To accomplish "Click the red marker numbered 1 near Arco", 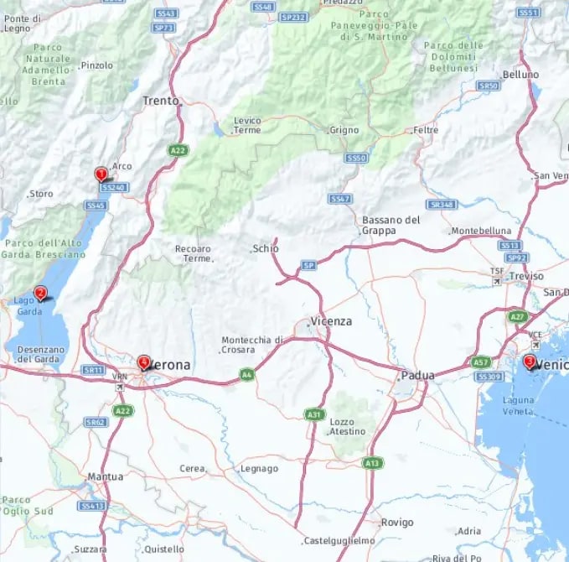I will coord(101,174).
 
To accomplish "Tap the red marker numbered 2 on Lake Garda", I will coord(40,294).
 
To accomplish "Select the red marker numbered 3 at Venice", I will coord(529,362).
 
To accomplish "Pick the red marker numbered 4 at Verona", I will coord(144,362).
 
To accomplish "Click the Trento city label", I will coord(161,101).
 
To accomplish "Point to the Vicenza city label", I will coord(331,321).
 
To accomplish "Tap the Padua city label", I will coord(417,375).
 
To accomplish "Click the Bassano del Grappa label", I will coord(391,224).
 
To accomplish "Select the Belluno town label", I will coord(520,75).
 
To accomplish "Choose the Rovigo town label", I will coord(396,522).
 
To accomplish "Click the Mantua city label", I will coord(106,476).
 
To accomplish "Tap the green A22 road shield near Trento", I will coord(178,150).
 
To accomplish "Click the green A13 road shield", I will coord(372,462).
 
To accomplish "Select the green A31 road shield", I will coord(313,414).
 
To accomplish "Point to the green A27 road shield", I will coord(516,317).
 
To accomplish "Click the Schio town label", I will coord(266,249).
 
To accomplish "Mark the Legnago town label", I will coord(259,468).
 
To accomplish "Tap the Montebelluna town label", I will coord(481,231).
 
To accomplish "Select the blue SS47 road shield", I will coord(339,199).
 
